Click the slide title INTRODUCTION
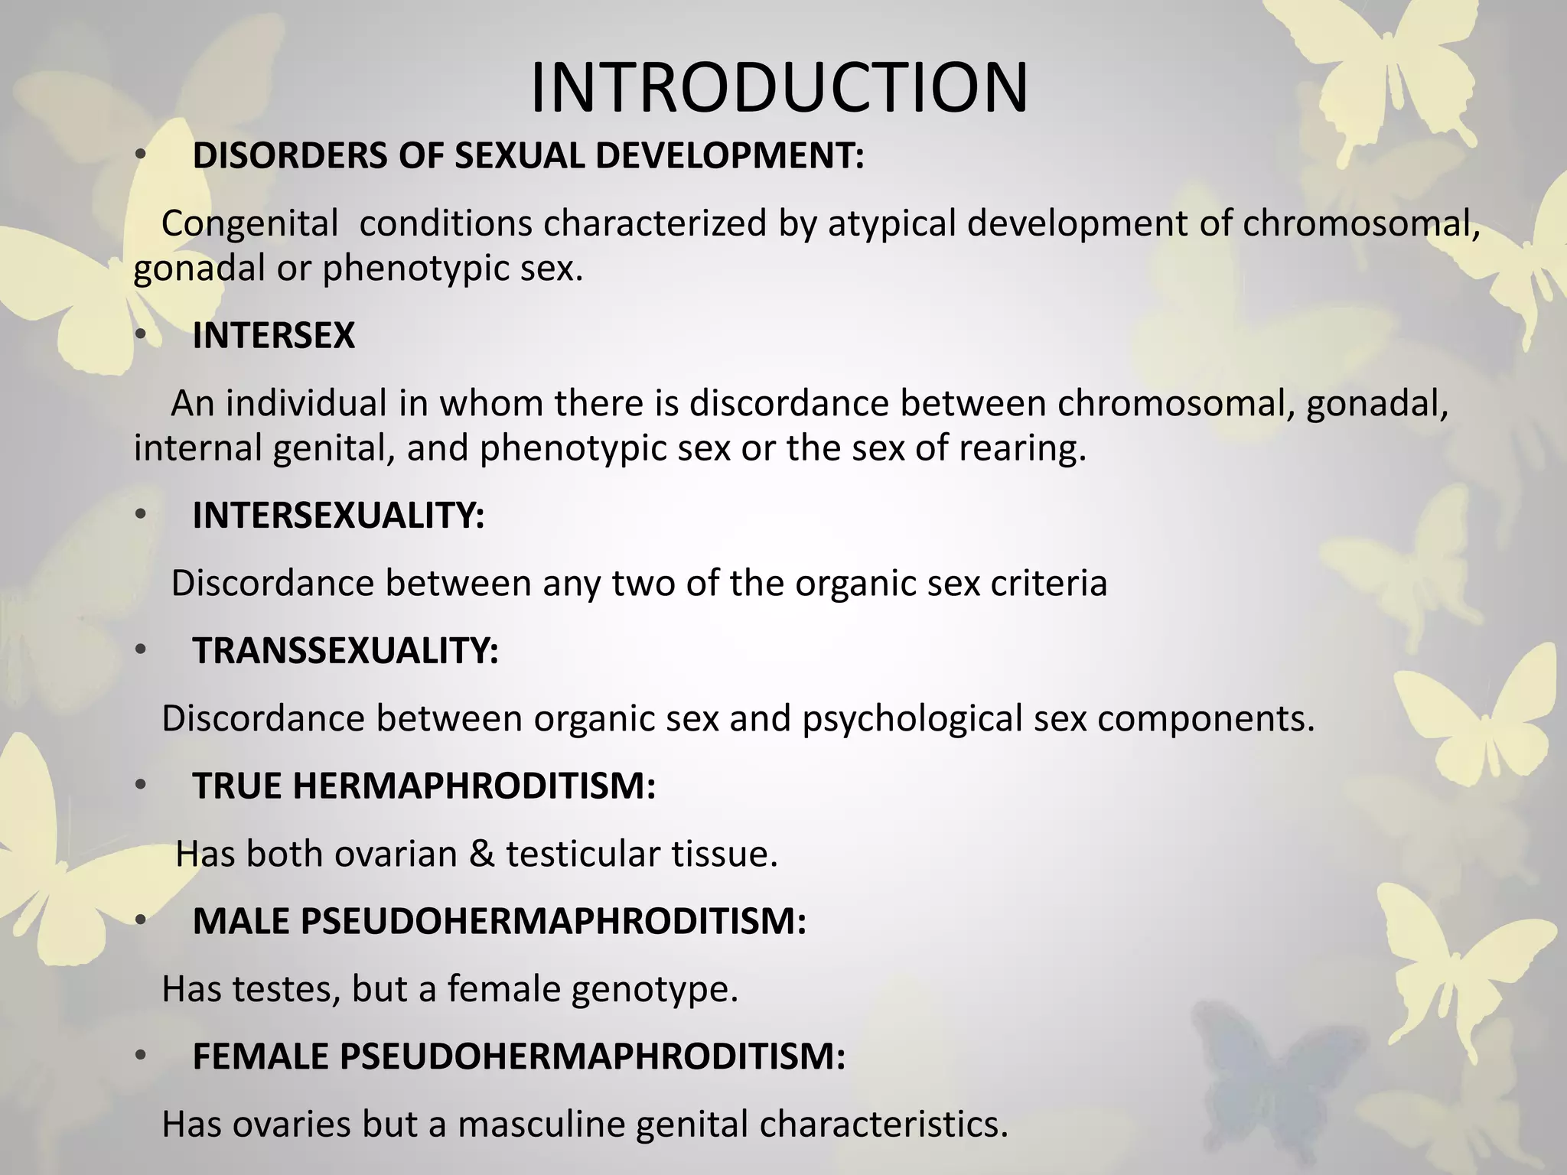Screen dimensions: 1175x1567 coord(779,88)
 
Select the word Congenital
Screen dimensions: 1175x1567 coord(249,224)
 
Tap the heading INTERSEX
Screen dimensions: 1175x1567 coord(273,336)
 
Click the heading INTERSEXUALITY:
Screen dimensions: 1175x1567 coord(338,516)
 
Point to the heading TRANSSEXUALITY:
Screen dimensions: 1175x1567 coord(345,651)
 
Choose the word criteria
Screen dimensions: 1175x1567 coord(1049,584)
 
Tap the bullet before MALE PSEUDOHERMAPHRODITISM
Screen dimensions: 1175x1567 coord(140,921)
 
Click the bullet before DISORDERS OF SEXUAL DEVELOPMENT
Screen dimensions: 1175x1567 coord(140,156)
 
